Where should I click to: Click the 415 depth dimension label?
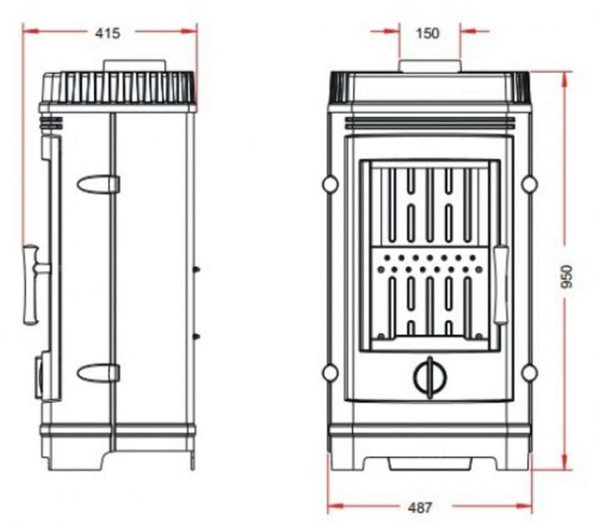tap(107, 33)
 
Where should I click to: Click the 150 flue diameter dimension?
tap(428, 33)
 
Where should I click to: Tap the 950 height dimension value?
tap(566, 277)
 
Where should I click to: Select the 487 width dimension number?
tap(420, 507)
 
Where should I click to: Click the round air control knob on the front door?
tap(430, 377)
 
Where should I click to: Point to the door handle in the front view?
tap(500, 285)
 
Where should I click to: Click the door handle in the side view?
tap(33, 285)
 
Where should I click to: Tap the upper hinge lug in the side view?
tap(98, 184)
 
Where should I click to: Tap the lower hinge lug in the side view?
tap(98, 372)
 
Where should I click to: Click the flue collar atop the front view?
tap(430, 66)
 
